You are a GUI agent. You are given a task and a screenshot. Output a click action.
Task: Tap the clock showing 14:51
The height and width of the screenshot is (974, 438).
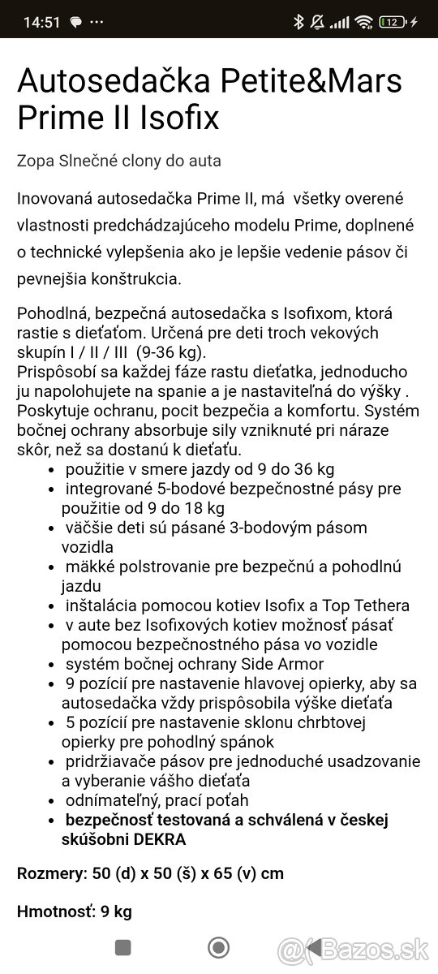pyautogui.click(x=42, y=22)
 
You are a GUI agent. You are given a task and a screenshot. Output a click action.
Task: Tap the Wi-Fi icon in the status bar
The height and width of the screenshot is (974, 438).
pyautogui.click(x=364, y=22)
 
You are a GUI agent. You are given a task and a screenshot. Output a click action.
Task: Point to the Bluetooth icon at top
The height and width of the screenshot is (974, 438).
pyautogui.click(x=298, y=22)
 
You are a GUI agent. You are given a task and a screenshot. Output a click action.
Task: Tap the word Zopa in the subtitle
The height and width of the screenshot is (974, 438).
pyautogui.click(x=35, y=161)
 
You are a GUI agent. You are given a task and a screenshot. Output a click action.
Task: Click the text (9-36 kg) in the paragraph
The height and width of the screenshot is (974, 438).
pyautogui.click(x=172, y=353)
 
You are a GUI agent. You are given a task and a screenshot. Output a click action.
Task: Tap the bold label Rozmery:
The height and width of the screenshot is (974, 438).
pyautogui.click(x=52, y=873)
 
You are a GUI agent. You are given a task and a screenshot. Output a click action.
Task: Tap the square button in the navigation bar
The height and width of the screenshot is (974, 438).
pyautogui.click(x=123, y=947)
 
